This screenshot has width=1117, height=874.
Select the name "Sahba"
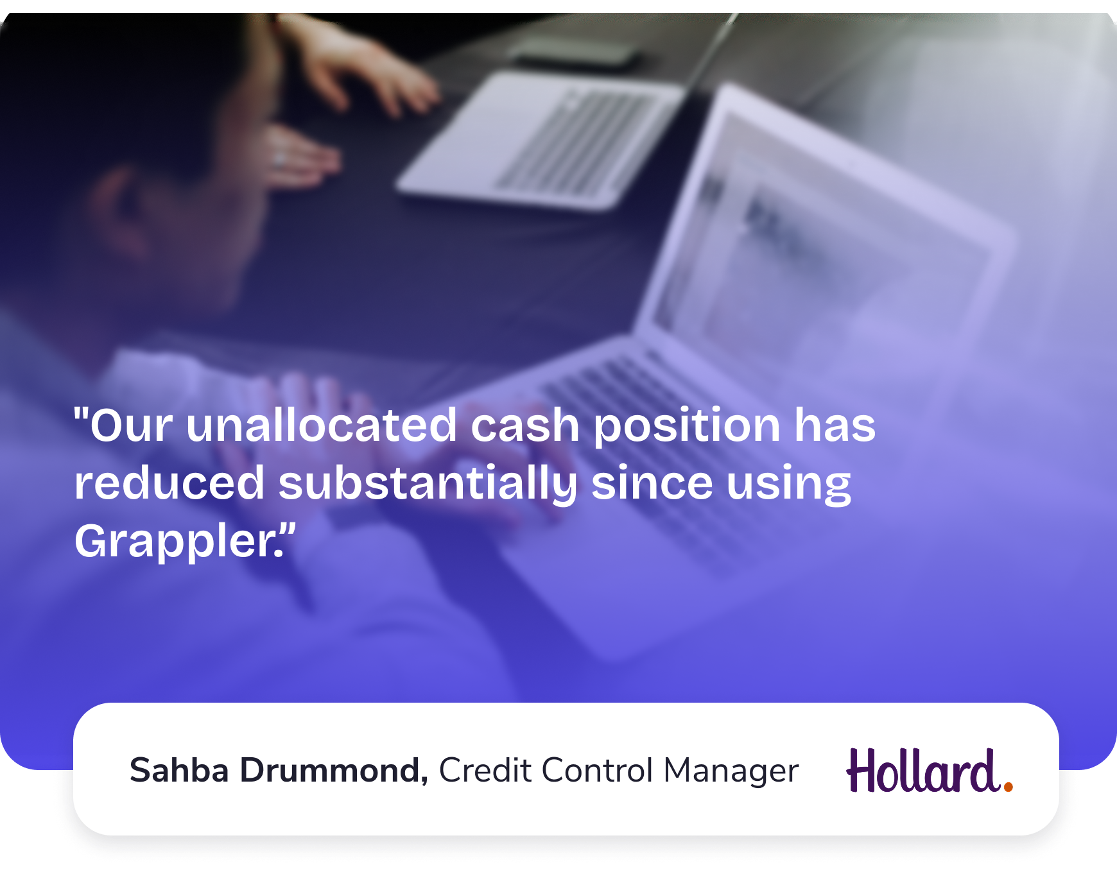click(179, 770)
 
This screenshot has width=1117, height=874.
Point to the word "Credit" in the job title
click(485, 770)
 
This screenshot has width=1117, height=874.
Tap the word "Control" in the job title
click(596, 770)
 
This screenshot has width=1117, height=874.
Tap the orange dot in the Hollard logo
click(1008, 786)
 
